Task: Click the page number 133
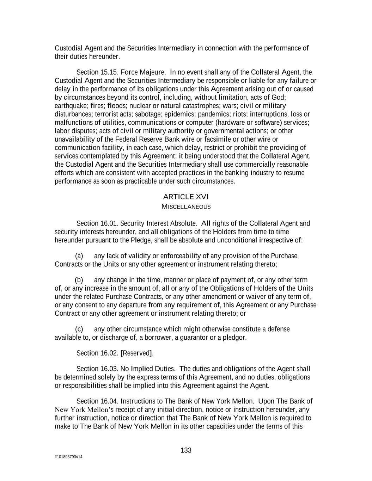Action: [186, 450]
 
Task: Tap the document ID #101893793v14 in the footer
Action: [69, 457]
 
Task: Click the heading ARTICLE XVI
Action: [183, 197]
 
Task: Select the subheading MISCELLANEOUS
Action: [186, 206]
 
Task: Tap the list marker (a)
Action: [79, 256]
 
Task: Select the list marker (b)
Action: [79, 280]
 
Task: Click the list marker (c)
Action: [79, 329]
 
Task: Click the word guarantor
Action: [194, 338]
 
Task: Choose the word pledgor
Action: [233, 338]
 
